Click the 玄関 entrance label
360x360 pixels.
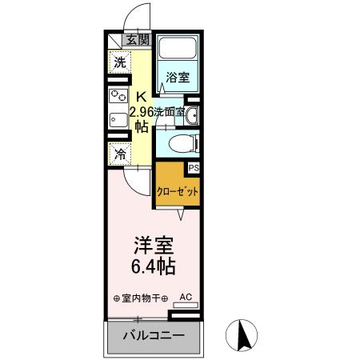(137, 39)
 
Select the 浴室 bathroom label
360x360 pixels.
(178, 78)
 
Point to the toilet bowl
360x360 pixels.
(178, 145)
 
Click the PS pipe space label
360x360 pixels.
(193, 167)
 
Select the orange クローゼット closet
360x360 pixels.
(178, 191)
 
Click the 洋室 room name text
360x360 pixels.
(150, 242)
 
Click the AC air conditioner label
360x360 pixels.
(186, 297)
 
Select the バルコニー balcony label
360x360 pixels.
(154, 335)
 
